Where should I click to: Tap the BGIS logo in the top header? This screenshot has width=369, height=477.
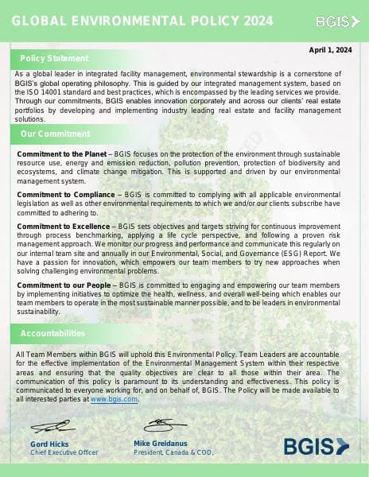coord(332,21)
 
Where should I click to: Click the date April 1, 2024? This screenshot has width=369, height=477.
coord(330,50)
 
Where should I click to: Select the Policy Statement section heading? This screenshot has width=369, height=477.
coord(54,58)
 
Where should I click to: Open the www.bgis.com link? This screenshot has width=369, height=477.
coord(114,399)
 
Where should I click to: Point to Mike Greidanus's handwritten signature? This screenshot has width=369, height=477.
coord(165,425)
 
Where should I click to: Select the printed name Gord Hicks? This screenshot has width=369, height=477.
coord(49,444)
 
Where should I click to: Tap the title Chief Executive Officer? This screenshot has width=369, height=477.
coord(64,452)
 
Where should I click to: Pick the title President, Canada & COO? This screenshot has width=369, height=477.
coord(173,452)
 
